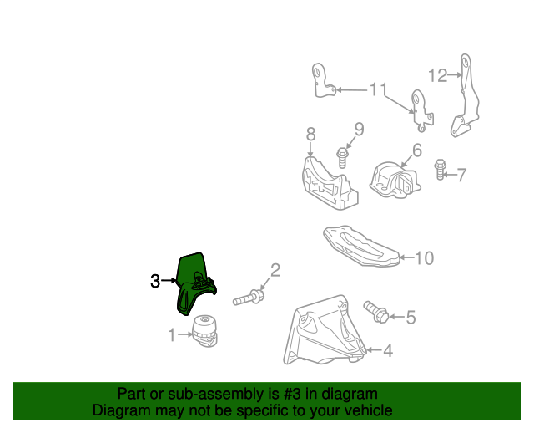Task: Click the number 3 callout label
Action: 155,282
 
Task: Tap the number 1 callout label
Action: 171,336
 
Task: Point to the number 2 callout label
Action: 275,270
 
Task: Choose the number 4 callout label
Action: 387,352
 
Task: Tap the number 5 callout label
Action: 411,317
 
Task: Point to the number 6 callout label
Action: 416,151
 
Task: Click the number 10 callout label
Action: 425,258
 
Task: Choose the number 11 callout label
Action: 379,89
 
